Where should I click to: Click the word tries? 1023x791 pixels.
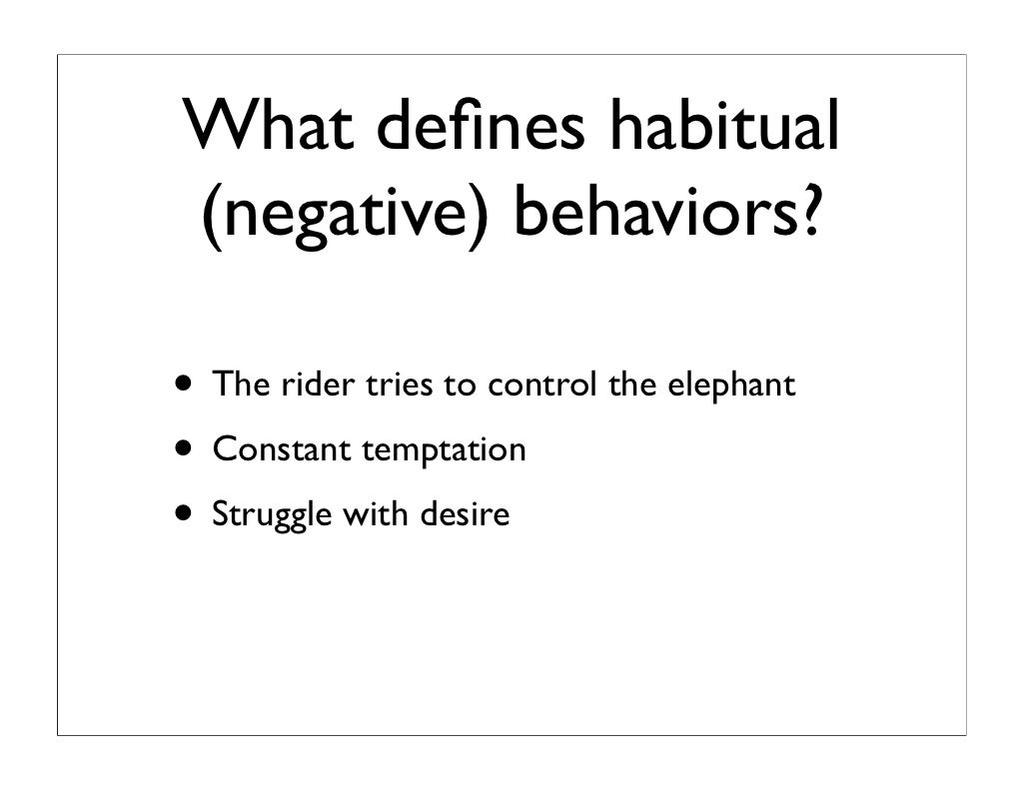pyautogui.click(x=399, y=385)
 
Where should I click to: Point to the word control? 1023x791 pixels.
pyautogui.click(x=542, y=385)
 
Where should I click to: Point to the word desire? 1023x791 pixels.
pyautogui.click(x=465, y=514)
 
